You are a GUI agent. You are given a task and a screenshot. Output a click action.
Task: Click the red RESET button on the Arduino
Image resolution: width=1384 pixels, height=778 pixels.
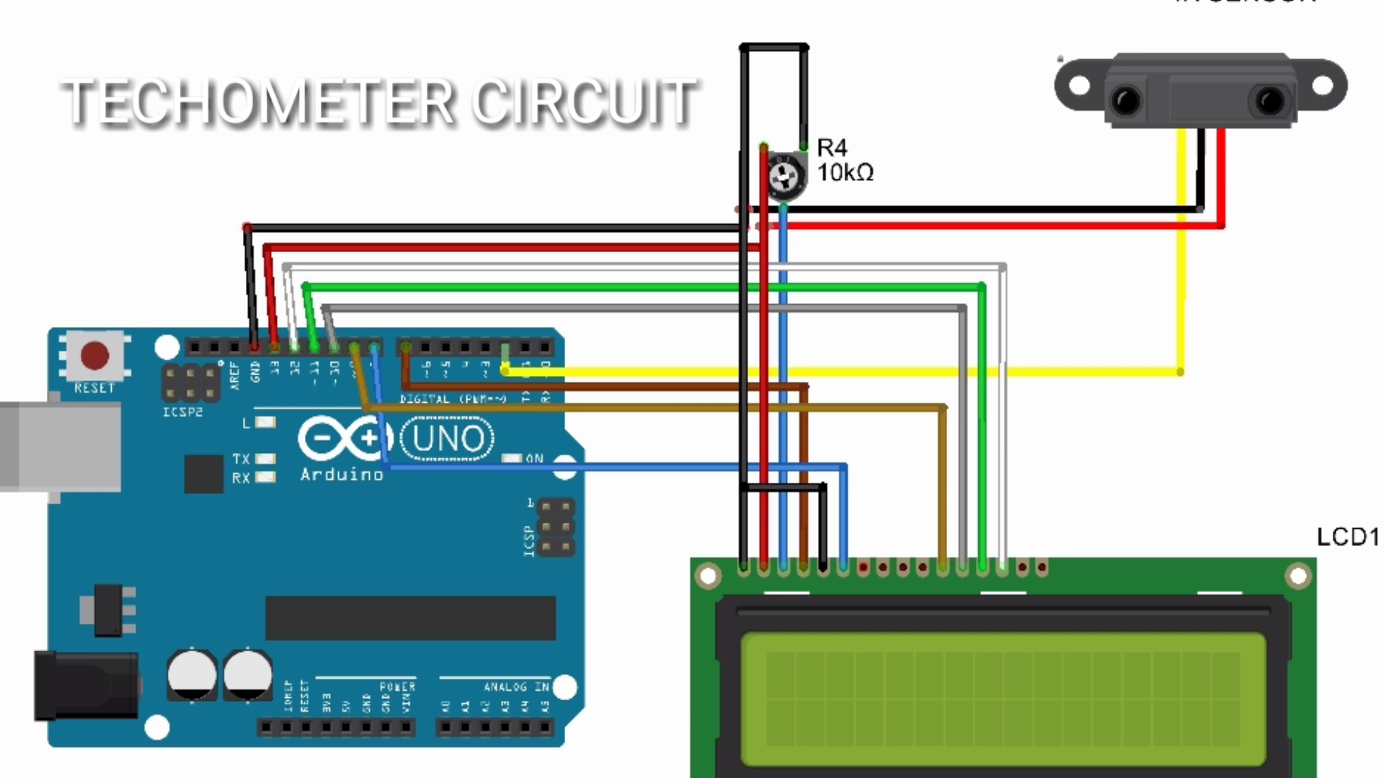pos(94,355)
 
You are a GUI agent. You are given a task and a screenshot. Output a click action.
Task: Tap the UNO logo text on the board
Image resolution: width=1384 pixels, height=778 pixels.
pos(448,438)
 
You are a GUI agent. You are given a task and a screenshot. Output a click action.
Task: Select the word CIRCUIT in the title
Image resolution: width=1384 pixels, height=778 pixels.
pos(584,102)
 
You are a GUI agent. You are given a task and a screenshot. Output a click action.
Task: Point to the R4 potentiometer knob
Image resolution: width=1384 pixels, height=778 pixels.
pos(784,175)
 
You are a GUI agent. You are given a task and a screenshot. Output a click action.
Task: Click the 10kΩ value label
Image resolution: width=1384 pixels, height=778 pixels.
pos(845,173)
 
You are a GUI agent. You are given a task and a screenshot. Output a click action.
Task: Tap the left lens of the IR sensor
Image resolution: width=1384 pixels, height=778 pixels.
pos(1126,99)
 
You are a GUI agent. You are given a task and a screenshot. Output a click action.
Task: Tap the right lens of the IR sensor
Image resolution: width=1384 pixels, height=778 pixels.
pos(1270,99)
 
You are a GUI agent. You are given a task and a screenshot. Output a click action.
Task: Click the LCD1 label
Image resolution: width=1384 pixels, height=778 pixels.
pos(1347,537)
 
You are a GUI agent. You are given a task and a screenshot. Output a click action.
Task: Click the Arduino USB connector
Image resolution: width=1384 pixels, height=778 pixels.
pos(61,447)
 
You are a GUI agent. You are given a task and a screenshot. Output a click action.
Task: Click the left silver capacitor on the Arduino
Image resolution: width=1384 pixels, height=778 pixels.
pos(192,674)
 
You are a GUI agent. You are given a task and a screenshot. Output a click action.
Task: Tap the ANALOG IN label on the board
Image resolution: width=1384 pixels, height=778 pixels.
pos(516,687)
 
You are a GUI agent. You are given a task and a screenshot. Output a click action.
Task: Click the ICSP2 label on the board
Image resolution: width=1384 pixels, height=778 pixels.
pos(182,412)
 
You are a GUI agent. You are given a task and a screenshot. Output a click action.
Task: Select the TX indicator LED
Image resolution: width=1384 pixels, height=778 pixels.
pos(265,459)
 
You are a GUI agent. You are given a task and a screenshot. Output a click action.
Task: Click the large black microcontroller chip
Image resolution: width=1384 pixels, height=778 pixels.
pos(410,618)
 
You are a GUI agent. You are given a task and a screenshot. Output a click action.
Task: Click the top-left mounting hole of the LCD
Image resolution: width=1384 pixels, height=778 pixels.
pos(708,576)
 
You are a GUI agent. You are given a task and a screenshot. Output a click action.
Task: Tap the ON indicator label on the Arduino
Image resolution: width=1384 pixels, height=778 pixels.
pos(534,459)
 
